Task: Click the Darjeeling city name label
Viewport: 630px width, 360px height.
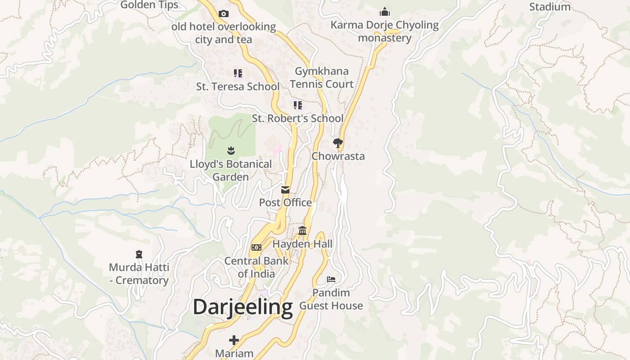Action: (x=243, y=307)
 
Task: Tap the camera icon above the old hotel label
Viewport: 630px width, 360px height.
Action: (x=224, y=14)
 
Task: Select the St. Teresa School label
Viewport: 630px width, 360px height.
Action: (x=238, y=86)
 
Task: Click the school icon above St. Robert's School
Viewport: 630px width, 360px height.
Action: (x=298, y=105)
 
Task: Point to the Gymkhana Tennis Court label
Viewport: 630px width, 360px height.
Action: (x=322, y=77)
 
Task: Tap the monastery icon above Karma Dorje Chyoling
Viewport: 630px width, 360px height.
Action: (x=385, y=12)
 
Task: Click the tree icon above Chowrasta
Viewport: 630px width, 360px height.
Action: (x=337, y=144)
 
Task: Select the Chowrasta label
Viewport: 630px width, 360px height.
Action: (x=338, y=157)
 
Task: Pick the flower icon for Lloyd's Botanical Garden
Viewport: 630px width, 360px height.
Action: (x=231, y=150)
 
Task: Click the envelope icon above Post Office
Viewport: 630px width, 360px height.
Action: (x=285, y=190)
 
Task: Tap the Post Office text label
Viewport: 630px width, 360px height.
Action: (x=285, y=202)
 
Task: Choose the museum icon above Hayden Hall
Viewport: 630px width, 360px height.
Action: (x=302, y=231)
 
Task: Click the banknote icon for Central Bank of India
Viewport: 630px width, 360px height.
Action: (x=256, y=247)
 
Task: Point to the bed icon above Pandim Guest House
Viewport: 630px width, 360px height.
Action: (x=331, y=279)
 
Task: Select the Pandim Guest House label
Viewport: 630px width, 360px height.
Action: (x=331, y=299)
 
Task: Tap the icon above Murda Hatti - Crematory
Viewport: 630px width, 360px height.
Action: (x=139, y=254)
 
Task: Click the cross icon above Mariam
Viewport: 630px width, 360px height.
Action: (x=234, y=340)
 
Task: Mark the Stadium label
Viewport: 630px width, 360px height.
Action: (x=550, y=7)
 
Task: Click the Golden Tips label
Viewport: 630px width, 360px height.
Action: (x=149, y=5)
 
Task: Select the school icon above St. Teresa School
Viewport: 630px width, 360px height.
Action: (x=238, y=73)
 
